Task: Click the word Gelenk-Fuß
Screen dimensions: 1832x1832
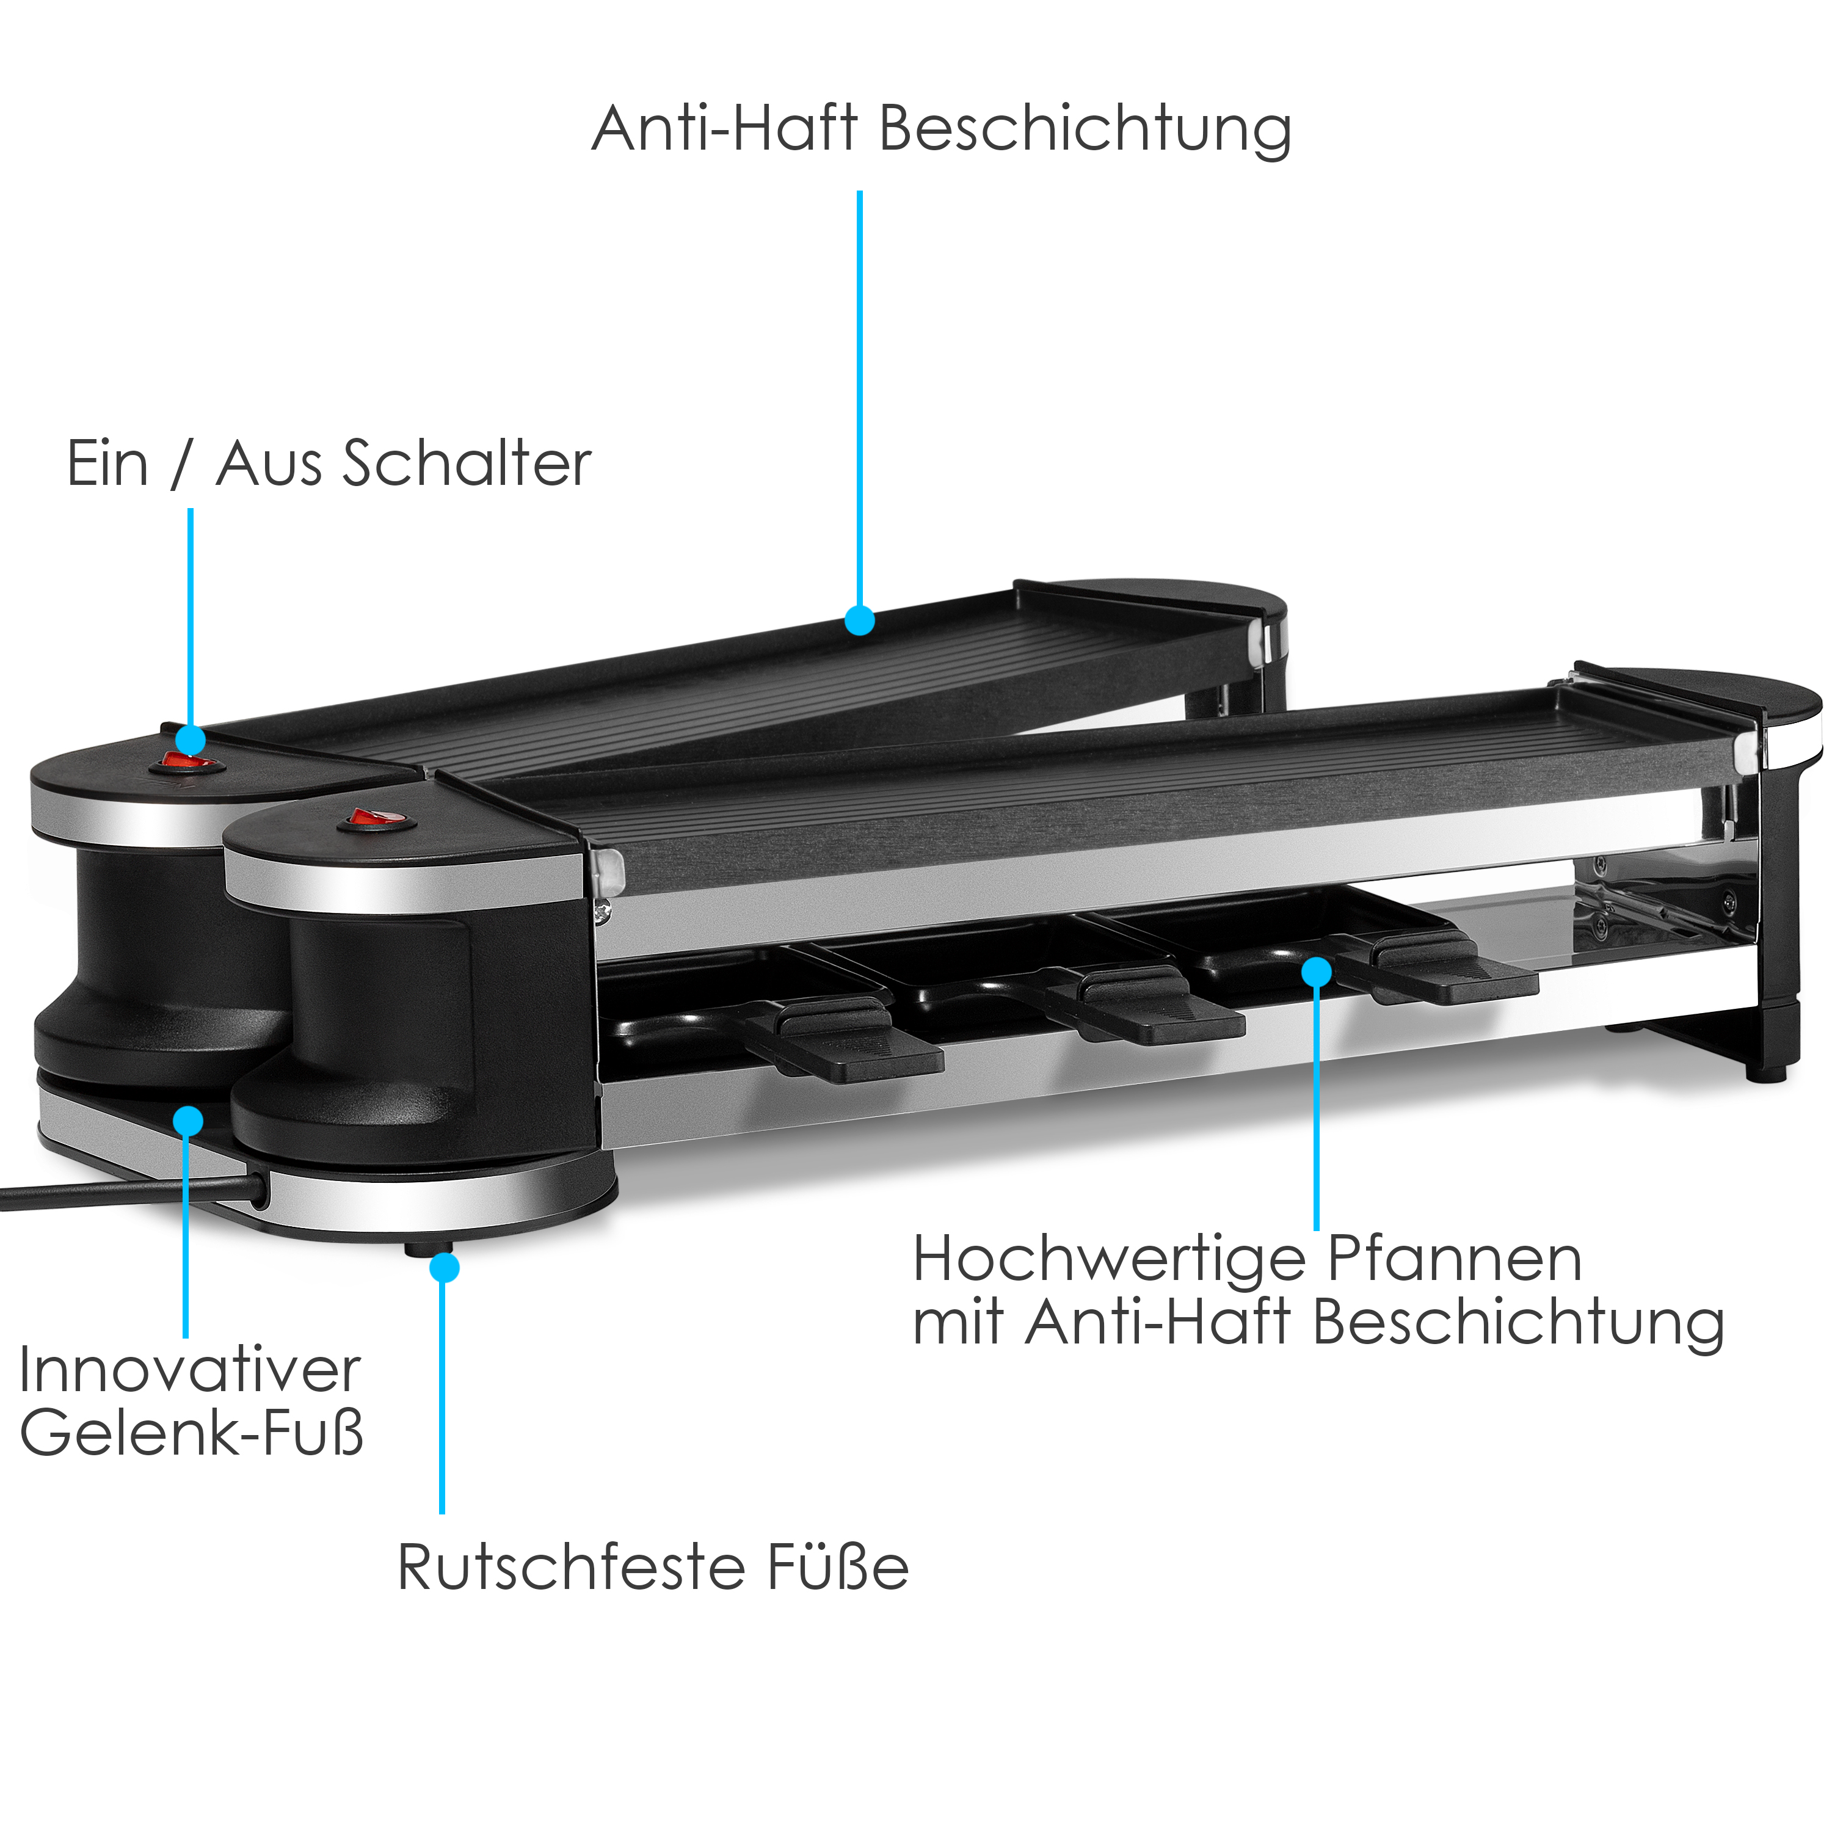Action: (192, 1432)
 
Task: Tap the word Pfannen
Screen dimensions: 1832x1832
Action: (1453, 1259)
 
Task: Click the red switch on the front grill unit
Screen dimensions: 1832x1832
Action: (376, 818)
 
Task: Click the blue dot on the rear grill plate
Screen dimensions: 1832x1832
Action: (859, 621)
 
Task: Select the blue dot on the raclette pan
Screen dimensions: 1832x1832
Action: (1316, 972)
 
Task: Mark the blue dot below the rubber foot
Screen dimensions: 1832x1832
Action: (444, 1268)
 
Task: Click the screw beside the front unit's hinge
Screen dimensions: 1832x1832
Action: (601, 912)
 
